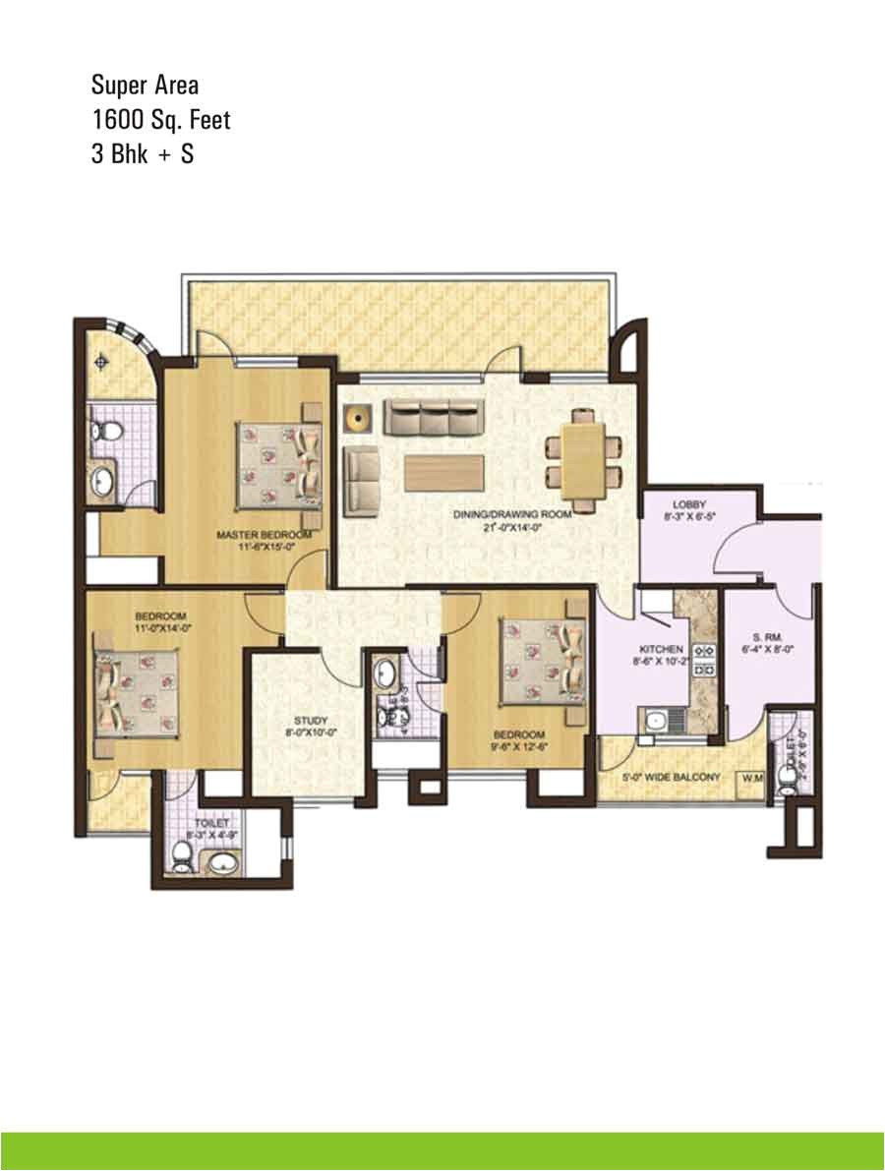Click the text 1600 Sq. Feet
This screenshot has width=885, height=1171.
click(160, 120)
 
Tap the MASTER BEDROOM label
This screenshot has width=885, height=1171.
click(264, 534)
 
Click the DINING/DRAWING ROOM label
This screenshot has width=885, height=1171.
click(511, 514)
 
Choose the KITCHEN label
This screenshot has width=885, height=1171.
click(661, 650)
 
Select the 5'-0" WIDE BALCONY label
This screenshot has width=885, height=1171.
click(673, 777)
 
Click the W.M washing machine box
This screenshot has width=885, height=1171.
click(754, 778)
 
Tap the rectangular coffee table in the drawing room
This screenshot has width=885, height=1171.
click(443, 472)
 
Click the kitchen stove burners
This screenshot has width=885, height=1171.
click(704, 659)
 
